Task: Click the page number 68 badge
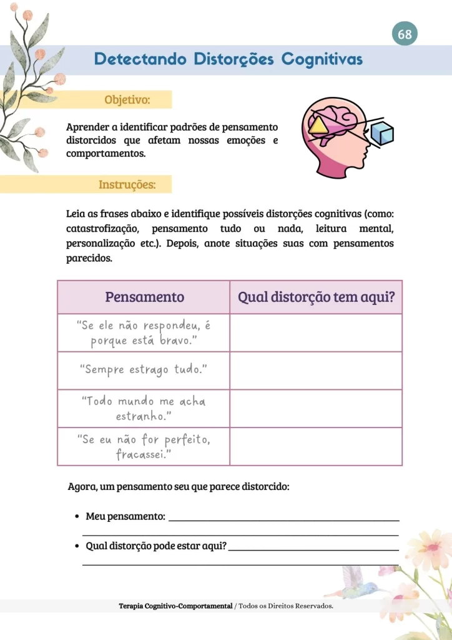point(405,34)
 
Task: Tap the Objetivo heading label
point(128,99)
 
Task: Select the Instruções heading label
point(127,185)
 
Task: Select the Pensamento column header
point(144,297)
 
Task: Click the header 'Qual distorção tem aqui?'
point(316,297)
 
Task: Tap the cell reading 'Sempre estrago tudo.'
point(144,370)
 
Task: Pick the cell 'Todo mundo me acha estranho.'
point(144,408)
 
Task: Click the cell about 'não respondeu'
point(144,332)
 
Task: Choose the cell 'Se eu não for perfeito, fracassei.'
point(144,446)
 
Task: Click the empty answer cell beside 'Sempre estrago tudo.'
point(316,371)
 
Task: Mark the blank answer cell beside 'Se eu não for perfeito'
point(316,446)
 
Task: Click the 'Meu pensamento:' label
point(125,516)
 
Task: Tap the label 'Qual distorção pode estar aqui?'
point(155,546)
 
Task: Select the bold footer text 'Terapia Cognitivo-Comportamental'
point(175,606)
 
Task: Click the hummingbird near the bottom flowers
point(359,584)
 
